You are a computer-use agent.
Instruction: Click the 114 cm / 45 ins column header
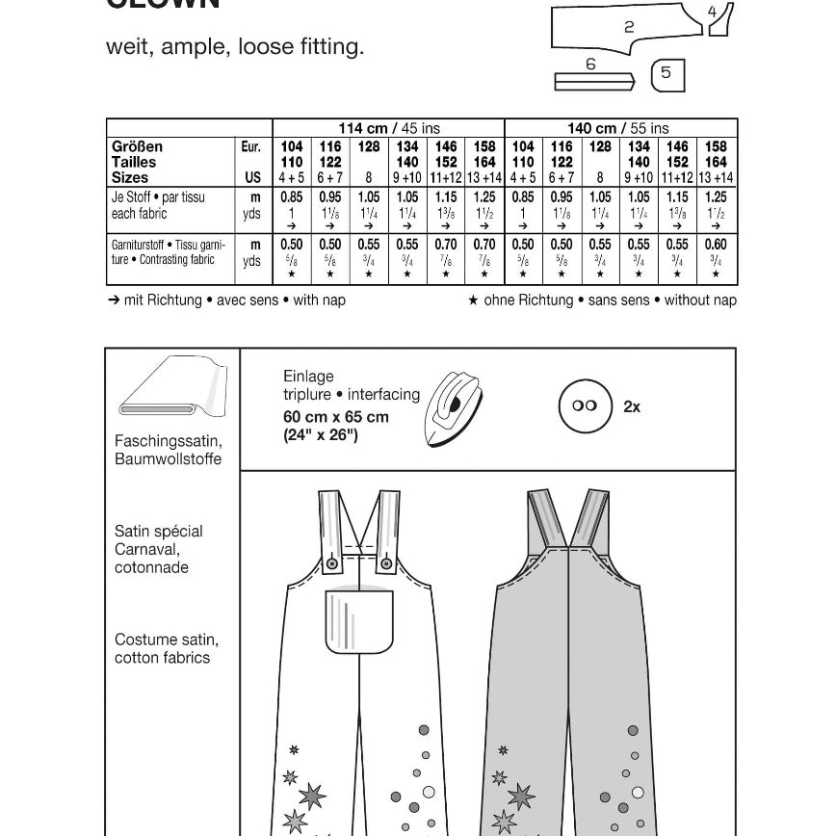coord(388,128)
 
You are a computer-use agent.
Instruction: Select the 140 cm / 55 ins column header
coord(619,128)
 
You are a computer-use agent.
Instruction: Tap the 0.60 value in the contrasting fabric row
coord(716,246)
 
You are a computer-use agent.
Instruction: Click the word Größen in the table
coord(137,146)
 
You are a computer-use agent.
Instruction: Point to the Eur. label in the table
coord(250,146)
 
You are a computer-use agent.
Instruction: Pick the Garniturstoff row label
coord(144,246)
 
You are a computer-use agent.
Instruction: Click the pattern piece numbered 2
coord(629,27)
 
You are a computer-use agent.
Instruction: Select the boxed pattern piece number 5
coord(666,74)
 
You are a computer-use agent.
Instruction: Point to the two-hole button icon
coord(585,406)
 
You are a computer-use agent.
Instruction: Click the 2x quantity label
coord(632,406)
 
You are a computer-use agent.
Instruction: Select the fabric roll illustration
coord(171,391)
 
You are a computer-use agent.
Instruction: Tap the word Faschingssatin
coord(168,441)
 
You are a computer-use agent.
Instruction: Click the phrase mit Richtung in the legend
coord(163,300)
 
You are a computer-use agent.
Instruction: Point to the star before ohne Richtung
coord(473,300)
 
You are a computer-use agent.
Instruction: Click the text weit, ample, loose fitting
coord(235,46)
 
